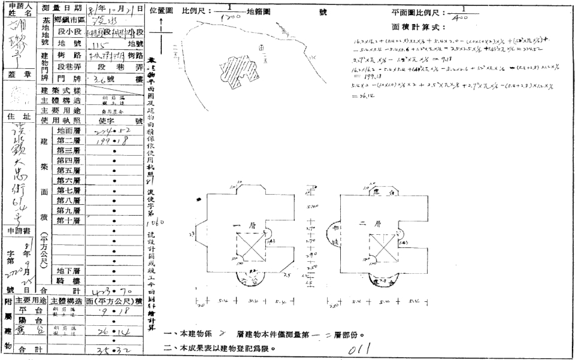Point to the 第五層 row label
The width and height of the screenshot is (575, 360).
point(69,170)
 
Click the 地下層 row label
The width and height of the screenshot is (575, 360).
point(69,271)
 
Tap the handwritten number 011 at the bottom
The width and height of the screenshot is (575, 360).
point(363,347)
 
